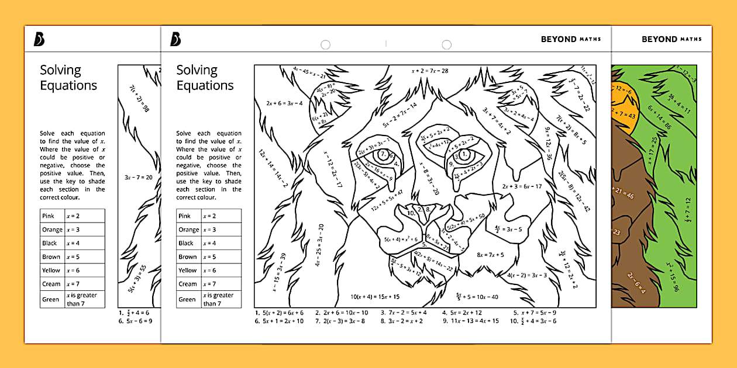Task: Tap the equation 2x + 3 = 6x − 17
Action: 522,186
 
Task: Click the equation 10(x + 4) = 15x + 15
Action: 375,297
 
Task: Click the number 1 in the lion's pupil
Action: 464,154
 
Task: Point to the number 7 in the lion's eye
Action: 383,154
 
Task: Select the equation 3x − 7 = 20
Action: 138,177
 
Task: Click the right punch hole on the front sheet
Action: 446,45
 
